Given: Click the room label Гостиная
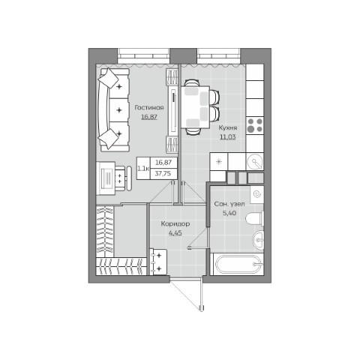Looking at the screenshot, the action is [149, 108].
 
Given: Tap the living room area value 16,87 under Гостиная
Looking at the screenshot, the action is [149, 117].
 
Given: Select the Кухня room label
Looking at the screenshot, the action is [228, 127].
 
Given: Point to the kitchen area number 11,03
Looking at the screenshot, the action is [228, 137].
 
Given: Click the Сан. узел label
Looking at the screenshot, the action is [229, 204].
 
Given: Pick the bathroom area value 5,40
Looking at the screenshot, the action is [229, 213].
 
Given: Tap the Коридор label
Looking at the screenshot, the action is [175, 223].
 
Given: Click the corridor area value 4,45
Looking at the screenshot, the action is [175, 233].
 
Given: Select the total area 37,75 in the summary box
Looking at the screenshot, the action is [163, 173].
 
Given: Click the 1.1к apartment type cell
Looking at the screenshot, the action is [143, 168].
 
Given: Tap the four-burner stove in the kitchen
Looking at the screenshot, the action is [255, 125].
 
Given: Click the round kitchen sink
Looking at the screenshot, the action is [255, 161].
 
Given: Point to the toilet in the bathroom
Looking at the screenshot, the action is [254, 218].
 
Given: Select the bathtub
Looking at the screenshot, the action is [237, 264].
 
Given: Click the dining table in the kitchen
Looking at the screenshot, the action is [195, 106].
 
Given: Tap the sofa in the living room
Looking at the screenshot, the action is [114, 110].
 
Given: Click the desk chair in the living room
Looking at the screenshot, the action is [123, 178].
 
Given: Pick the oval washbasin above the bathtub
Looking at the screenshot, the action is [258, 240].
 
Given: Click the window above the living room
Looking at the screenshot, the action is [143, 55].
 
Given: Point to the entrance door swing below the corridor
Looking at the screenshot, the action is [187, 296].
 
